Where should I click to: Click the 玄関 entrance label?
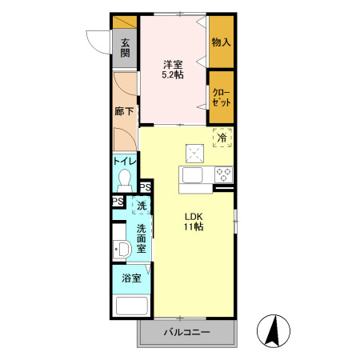point(125,48)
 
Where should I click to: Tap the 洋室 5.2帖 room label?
point(173,70)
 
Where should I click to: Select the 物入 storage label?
point(221,42)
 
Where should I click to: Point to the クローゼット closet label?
point(221,98)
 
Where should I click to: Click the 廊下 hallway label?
point(124,111)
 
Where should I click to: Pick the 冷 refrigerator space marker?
point(222,138)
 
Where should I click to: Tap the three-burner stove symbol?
point(224,175)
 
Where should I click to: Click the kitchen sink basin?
point(192,175)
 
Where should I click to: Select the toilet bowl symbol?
point(125,181)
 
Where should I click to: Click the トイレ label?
point(125,162)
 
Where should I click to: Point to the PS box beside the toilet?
point(146,187)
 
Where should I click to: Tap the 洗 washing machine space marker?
point(142,206)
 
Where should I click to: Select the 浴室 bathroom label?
point(131,278)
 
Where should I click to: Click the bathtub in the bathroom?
point(132,306)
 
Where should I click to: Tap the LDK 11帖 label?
point(194,222)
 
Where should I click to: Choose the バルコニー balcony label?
point(187,332)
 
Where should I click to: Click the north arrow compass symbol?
point(274,331)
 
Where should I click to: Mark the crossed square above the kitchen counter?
point(195,154)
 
